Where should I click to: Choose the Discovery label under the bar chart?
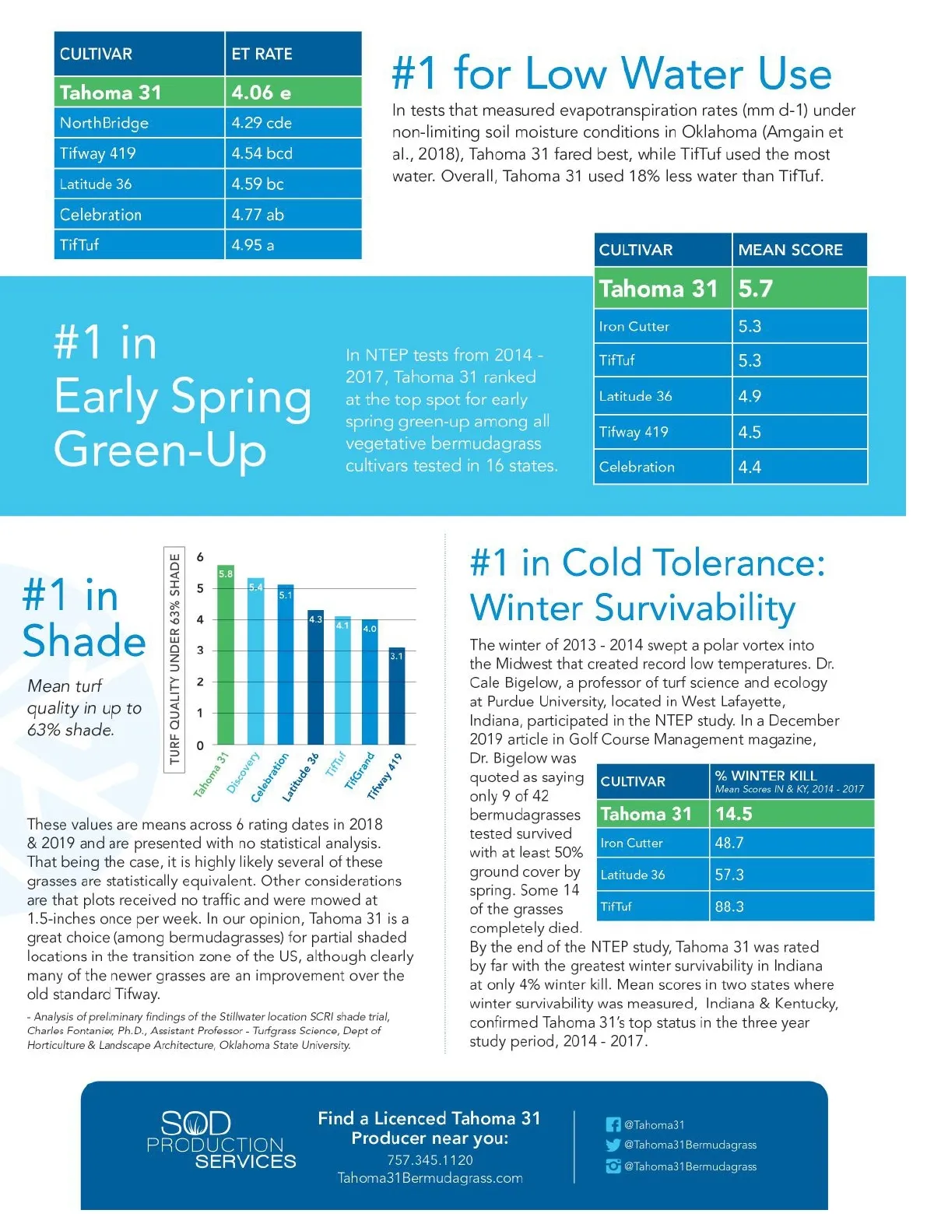coord(244,772)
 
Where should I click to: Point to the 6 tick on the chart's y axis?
coord(200,557)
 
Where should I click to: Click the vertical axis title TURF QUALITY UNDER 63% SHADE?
coord(174,659)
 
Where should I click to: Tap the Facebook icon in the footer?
coord(613,1124)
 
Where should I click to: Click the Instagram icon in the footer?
coord(613,1166)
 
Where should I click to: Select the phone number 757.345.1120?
coord(430,1159)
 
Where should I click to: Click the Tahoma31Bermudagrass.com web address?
coord(430,1178)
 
